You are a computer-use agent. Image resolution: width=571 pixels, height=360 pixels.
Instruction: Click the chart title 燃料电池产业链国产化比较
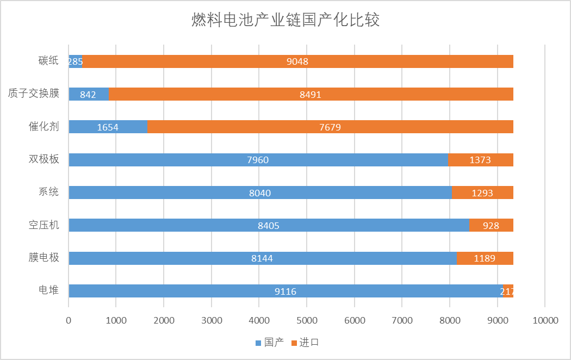(285, 21)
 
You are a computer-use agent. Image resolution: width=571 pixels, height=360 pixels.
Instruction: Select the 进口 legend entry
(305, 343)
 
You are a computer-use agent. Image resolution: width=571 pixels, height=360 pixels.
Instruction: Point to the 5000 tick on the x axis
(307, 321)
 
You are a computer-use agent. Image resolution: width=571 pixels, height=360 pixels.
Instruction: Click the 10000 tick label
(545, 321)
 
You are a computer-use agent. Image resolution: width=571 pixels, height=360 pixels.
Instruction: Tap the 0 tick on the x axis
(69, 321)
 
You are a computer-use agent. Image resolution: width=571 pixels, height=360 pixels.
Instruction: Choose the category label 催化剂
(44, 127)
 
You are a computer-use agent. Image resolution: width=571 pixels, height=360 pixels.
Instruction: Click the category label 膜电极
(44, 258)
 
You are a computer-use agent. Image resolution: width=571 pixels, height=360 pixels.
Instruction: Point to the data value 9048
(297, 61)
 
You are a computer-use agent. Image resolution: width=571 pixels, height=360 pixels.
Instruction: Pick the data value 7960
(258, 160)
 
